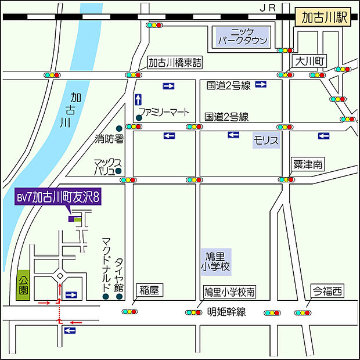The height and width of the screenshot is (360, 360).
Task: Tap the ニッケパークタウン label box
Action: tap(242, 37)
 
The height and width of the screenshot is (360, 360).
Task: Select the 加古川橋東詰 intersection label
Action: tap(175, 63)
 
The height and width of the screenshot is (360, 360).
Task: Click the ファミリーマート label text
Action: tap(163, 111)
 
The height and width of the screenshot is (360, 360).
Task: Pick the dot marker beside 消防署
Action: tap(119, 128)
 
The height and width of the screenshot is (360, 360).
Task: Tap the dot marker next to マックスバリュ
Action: tap(118, 171)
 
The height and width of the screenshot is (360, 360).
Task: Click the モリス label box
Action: tap(267, 140)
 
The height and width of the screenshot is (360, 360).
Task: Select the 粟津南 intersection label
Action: tap(308, 165)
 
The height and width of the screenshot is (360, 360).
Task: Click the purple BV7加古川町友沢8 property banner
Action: tap(59, 197)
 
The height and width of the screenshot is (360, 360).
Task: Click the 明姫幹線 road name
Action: tap(226, 312)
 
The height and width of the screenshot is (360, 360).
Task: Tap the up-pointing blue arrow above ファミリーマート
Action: tap(138, 99)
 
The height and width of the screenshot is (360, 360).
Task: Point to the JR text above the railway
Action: tap(267, 7)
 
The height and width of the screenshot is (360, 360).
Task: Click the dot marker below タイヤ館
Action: tap(119, 297)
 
